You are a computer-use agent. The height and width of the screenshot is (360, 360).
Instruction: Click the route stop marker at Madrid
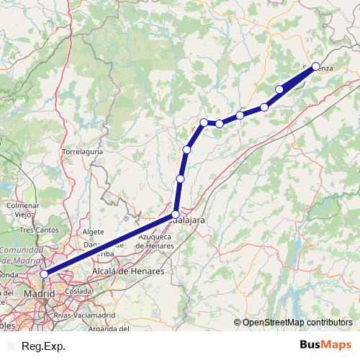click(x=44, y=274)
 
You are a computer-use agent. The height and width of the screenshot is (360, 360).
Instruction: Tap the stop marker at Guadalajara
click(x=175, y=215)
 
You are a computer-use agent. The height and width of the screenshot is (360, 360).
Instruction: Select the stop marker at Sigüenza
click(x=315, y=66)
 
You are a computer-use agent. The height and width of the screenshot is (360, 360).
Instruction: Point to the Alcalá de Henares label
click(x=128, y=271)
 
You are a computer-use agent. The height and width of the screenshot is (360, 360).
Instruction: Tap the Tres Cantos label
click(x=37, y=230)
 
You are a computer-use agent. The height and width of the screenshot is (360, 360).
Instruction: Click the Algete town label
click(x=94, y=232)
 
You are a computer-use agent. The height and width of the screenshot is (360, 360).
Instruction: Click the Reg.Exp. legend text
click(x=44, y=346)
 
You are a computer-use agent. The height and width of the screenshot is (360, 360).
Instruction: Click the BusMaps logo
click(x=325, y=346)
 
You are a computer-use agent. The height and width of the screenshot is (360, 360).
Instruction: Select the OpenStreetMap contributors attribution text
click(x=297, y=323)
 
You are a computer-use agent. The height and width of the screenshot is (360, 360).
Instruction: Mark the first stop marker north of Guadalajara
click(x=180, y=179)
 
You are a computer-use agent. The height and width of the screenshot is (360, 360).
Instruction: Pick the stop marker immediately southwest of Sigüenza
click(x=279, y=89)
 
